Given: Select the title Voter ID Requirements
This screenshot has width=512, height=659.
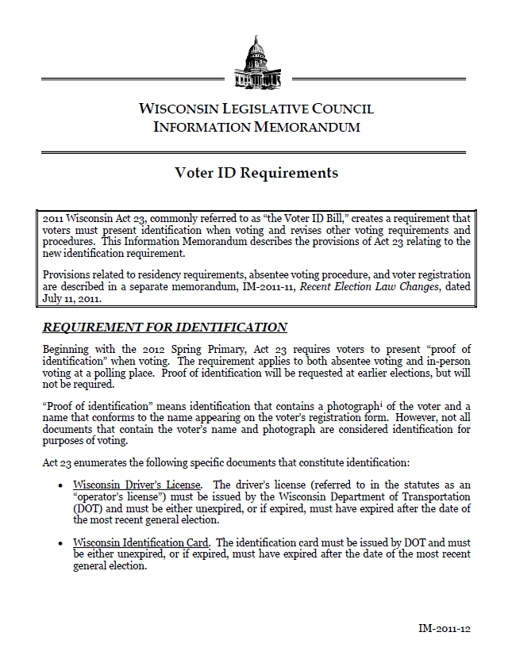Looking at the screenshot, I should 256,173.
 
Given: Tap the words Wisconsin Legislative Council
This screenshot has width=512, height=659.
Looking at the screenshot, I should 256,109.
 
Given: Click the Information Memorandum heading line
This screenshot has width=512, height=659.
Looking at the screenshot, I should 256,126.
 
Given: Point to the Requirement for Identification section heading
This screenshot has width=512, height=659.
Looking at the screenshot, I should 164,327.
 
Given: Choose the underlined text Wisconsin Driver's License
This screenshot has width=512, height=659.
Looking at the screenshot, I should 137,484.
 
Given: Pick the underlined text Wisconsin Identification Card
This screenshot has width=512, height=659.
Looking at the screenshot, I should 141,542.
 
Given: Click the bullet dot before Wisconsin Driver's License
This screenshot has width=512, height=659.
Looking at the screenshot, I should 61,485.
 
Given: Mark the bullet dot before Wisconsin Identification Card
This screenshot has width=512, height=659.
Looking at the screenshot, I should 61,543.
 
